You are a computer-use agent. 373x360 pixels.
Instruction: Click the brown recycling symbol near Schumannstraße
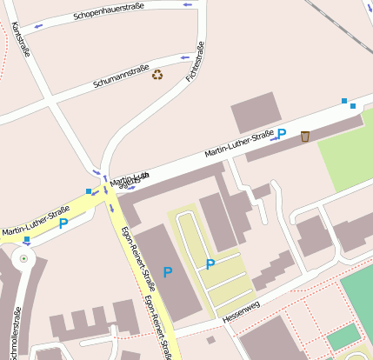point(157,75)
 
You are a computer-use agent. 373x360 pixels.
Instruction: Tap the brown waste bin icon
point(305,136)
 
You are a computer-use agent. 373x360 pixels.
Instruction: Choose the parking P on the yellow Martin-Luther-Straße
point(63,223)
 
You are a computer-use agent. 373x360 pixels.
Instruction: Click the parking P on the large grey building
point(168,271)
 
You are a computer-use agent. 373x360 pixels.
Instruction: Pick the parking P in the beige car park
point(210,263)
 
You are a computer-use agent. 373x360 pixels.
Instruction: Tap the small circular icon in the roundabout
point(23,258)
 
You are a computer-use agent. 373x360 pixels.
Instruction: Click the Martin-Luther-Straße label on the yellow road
point(36,221)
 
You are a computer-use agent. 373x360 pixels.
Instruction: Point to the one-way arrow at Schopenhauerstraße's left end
point(37,25)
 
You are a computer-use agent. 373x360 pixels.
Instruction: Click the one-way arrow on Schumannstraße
point(183,57)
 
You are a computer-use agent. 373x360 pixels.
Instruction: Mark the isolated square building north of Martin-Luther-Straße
point(256,113)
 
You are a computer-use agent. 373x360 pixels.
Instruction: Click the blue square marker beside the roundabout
point(27,239)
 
